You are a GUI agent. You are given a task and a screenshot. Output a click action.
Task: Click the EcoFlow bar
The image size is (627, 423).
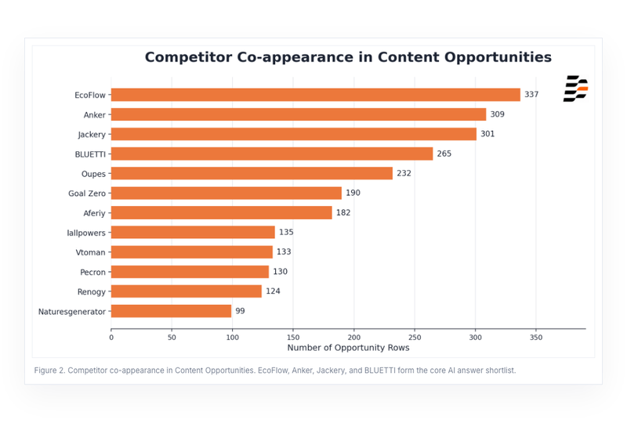316,95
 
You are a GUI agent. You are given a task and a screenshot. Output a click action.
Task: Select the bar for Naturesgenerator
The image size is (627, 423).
171,311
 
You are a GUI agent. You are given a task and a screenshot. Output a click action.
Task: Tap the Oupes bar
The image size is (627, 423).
252,173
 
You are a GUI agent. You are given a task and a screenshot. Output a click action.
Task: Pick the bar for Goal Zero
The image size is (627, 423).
227,193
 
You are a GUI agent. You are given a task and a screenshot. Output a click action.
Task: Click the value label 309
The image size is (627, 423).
498,114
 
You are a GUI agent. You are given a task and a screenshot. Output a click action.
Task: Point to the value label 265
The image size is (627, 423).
444,154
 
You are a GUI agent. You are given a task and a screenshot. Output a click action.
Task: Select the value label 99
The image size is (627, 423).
240,311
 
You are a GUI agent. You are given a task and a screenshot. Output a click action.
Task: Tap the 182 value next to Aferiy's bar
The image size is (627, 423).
343,213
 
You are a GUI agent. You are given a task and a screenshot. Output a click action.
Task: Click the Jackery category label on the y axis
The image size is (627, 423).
92,135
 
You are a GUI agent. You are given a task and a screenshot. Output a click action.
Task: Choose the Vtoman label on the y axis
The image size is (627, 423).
90,252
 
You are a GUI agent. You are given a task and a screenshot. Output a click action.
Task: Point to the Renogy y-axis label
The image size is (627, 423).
91,292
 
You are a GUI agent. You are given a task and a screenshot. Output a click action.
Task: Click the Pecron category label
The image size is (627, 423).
92,273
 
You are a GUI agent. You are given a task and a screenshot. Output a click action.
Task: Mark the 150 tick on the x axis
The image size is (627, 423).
293,338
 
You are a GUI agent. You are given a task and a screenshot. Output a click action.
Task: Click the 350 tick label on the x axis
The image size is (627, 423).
536,338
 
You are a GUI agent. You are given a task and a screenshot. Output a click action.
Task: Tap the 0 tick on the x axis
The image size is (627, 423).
111,338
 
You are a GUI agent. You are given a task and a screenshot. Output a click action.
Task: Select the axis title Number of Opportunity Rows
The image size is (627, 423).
348,348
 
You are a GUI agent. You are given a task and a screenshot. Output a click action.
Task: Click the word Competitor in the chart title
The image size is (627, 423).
188,57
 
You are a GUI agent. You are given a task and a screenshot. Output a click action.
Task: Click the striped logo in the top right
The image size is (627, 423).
575,89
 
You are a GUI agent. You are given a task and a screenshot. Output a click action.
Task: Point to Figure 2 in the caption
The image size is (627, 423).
49,371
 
